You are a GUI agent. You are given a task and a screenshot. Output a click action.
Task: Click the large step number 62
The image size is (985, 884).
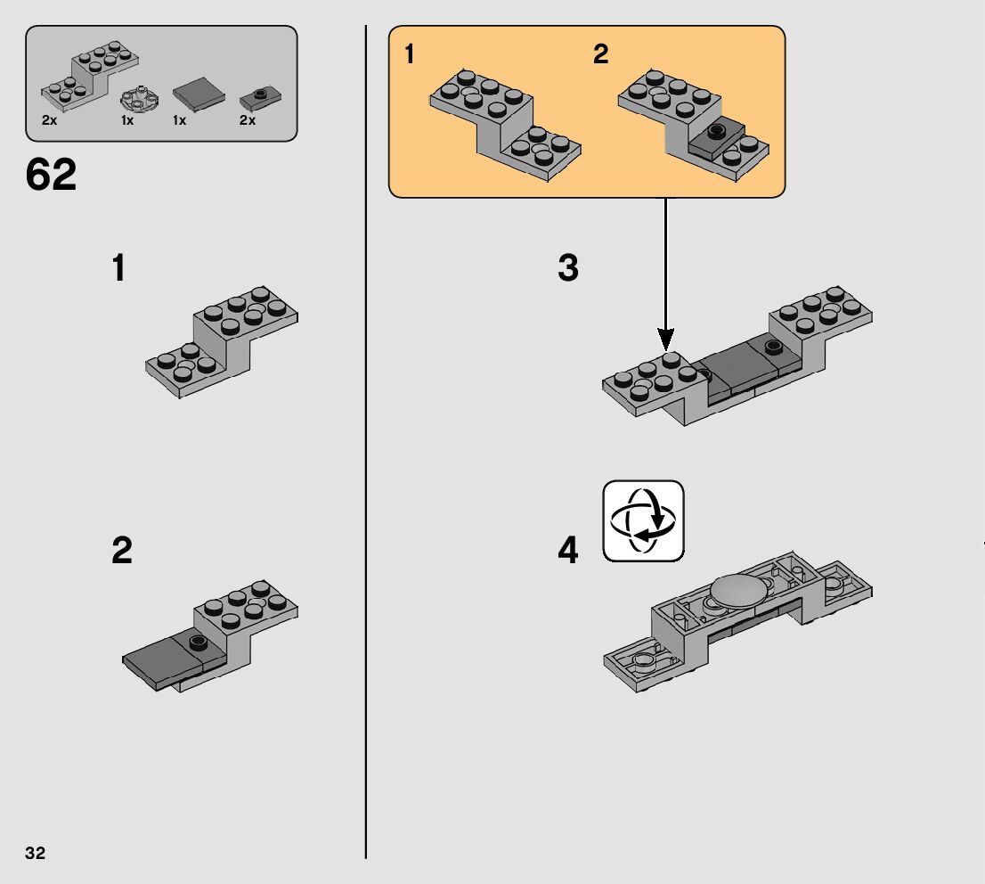(51, 174)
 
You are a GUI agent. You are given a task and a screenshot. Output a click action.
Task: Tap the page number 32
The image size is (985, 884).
(36, 853)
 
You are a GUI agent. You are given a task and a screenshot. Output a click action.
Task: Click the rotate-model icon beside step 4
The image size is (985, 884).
(643, 520)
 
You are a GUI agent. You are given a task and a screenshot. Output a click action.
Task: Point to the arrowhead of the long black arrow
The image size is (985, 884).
(666, 340)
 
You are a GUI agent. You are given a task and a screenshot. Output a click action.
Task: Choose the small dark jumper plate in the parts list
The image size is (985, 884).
(260, 99)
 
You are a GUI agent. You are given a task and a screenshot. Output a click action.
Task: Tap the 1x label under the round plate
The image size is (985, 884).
(127, 120)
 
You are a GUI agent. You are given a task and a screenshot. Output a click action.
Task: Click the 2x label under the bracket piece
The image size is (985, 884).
(49, 120)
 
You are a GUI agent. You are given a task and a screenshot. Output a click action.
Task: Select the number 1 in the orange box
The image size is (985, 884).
(410, 54)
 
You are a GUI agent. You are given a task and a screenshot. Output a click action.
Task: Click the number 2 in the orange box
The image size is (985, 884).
(600, 54)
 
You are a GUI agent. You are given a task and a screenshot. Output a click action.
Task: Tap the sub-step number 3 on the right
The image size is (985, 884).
(568, 267)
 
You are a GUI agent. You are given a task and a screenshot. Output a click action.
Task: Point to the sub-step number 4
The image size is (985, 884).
(568, 550)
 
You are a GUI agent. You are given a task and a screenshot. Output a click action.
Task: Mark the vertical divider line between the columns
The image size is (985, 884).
(366, 442)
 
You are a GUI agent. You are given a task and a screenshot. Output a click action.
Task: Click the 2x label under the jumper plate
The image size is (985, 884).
(248, 120)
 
